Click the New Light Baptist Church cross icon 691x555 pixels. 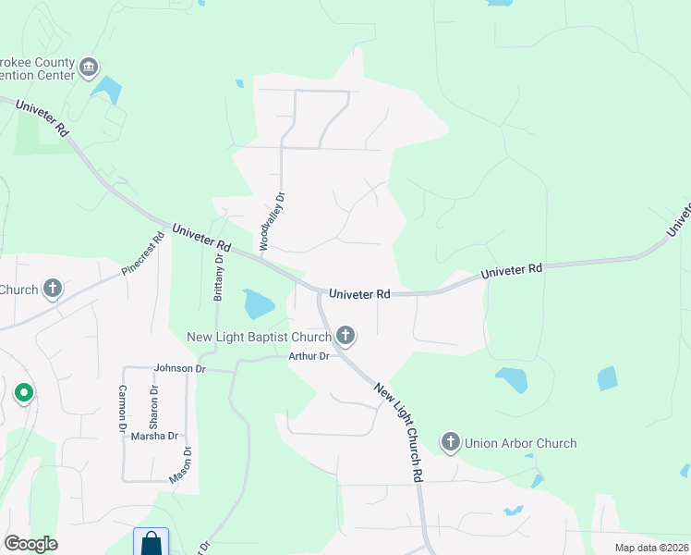[345, 335]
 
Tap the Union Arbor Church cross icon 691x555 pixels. [451, 443]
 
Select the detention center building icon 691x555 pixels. [89, 67]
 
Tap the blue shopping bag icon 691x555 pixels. [151, 544]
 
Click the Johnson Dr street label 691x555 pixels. [180, 368]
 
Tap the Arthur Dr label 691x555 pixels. [309, 356]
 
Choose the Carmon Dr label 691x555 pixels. [122, 410]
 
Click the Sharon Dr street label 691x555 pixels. [154, 404]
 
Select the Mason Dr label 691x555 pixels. [181, 464]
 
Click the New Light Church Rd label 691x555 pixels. [399, 431]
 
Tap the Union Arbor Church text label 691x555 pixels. [521, 443]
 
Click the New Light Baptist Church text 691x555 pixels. [259, 336]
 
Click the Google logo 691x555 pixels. [30, 544]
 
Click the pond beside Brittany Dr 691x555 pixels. [258, 302]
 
